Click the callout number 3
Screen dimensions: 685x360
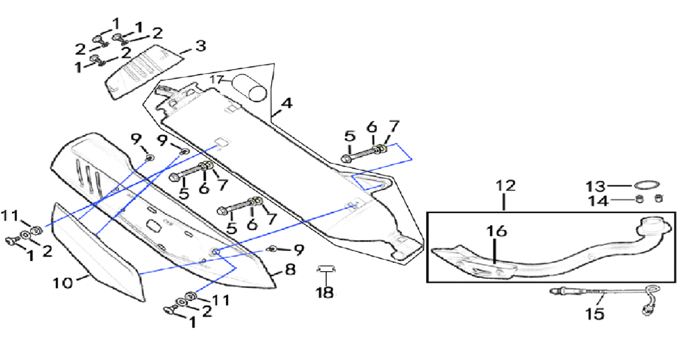[200, 46]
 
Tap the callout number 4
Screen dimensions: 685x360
[287, 103]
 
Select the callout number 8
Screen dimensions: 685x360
[290, 269]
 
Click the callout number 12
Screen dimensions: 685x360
[505, 185]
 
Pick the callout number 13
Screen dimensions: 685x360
[596, 187]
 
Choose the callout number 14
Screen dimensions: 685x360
[597, 201]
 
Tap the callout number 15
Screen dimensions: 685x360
[595, 313]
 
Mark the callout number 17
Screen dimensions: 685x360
[217, 80]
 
